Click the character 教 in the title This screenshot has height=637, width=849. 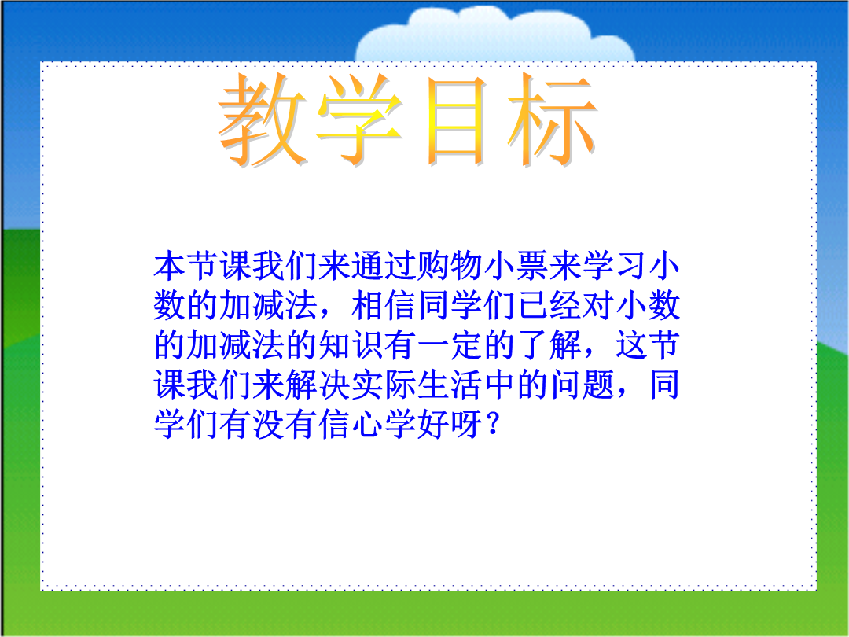(x=263, y=120)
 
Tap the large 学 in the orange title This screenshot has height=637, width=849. (x=359, y=120)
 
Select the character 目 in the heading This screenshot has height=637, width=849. (x=456, y=120)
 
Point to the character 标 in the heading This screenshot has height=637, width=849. (x=553, y=120)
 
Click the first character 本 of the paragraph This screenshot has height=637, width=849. (x=170, y=266)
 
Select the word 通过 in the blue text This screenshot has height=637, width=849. (x=384, y=266)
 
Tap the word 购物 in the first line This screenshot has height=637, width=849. (x=450, y=266)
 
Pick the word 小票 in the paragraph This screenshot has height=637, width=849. (x=516, y=266)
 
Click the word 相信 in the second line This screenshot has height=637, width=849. (x=384, y=305)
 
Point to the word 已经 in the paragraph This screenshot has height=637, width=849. (x=549, y=305)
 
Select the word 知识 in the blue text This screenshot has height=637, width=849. (x=351, y=345)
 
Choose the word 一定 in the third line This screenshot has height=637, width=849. (x=450, y=345)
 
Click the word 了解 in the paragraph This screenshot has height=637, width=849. (x=549, y=345)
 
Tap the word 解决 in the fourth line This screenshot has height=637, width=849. (x=318, y=385)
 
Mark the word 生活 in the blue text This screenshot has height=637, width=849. (x=450, y=385)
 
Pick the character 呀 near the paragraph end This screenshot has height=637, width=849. (x=467, y=424)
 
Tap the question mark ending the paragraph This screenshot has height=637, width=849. (x=492, y=424)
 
